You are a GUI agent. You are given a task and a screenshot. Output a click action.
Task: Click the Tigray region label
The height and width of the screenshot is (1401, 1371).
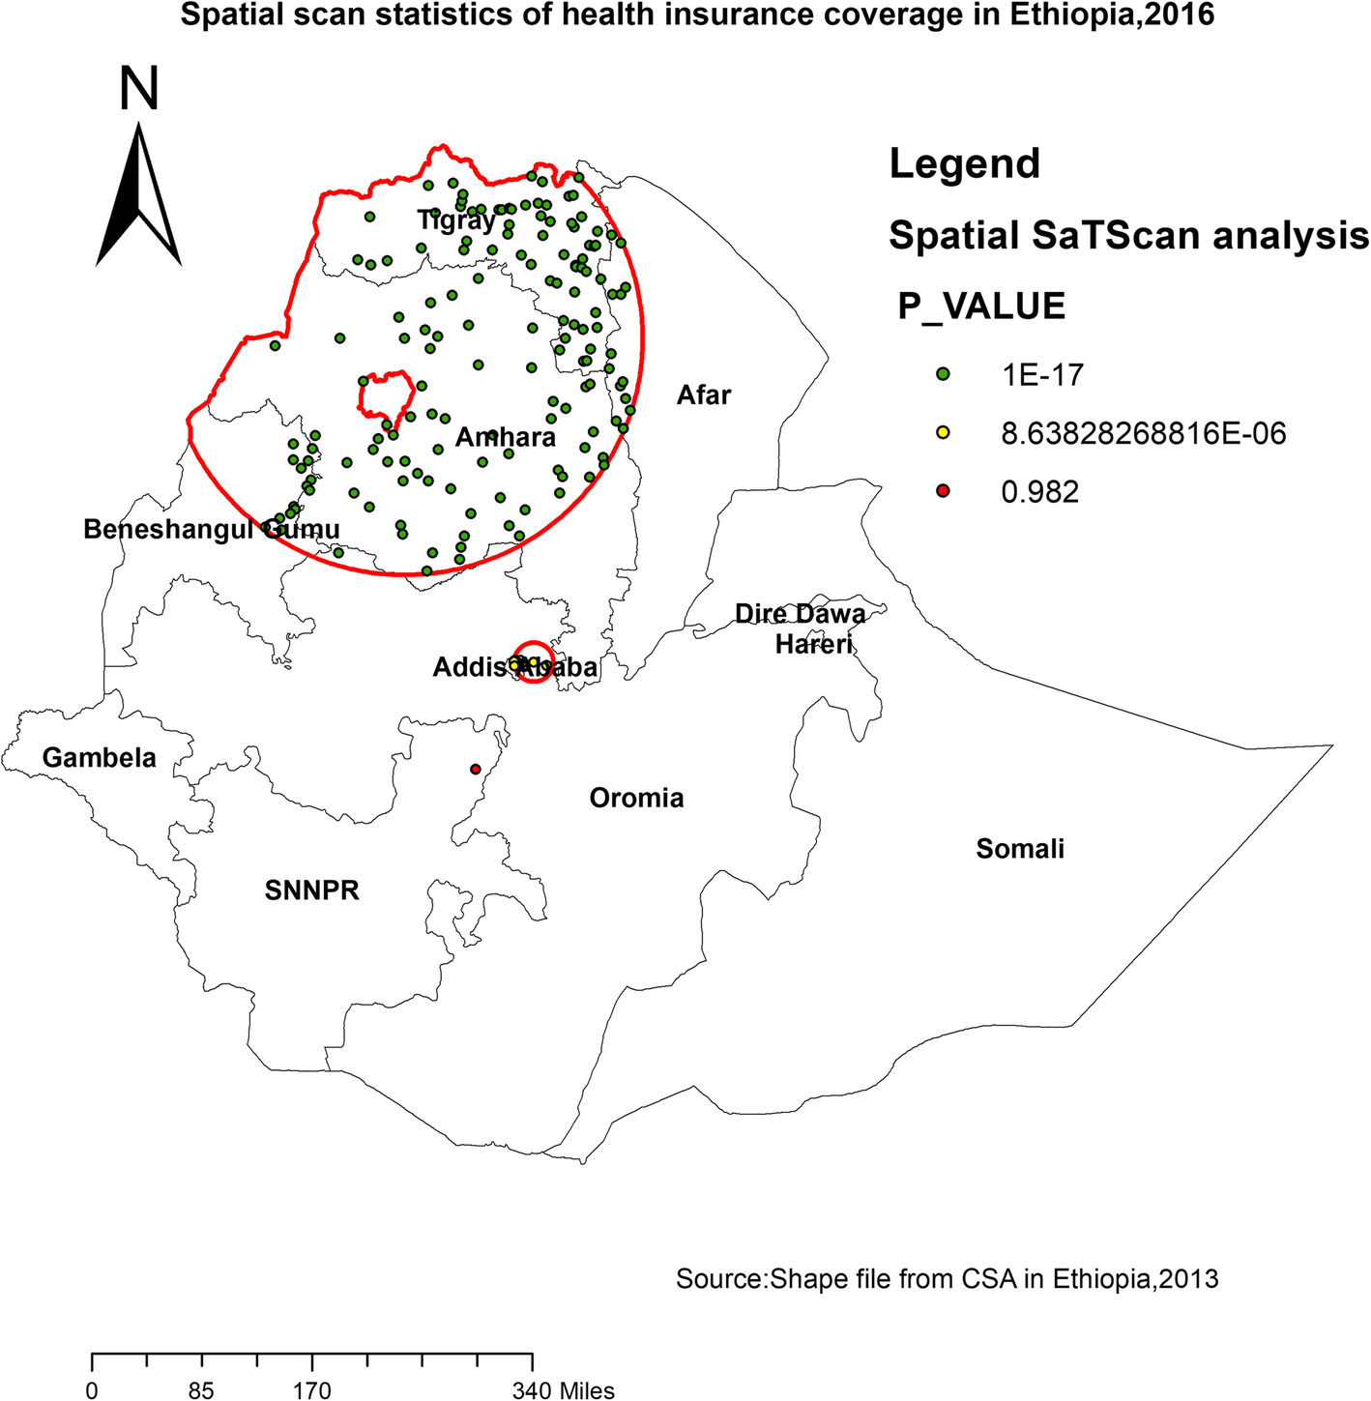point(455,220)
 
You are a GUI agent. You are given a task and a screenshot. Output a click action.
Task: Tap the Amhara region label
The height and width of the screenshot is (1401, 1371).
point(506,438)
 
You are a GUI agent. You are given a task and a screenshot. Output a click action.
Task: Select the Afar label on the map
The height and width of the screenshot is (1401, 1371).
point(703,394)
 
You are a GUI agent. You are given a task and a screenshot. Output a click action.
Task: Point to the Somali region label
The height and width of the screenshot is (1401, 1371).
point(1019,849)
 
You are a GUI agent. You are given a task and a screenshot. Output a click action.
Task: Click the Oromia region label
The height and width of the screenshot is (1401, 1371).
point(636,798)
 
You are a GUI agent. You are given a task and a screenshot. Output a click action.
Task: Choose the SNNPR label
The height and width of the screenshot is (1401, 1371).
point(311,890)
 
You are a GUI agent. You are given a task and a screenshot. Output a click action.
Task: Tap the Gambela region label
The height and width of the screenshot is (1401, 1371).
point(99,757)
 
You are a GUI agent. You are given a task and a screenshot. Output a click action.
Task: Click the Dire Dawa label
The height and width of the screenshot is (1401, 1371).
point(800,614)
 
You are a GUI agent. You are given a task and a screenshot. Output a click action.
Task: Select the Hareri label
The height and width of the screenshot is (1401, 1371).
point(813,643)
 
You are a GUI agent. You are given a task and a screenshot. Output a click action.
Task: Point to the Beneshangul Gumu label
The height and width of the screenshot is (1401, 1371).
point(211,530)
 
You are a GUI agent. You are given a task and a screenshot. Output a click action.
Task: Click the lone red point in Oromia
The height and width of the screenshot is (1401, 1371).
point(475,770)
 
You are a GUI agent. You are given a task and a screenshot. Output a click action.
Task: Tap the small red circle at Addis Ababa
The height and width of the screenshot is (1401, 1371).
point(534,662)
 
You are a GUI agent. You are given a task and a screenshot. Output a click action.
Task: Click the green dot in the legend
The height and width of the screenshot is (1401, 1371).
point(943,374)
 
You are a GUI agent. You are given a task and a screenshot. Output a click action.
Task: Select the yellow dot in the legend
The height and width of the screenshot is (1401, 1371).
point(943,433)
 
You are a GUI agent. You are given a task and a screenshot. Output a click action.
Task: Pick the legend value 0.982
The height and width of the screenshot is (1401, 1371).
point(1039,492)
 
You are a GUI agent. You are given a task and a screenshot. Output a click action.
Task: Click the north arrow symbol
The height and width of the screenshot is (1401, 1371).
point(139,193)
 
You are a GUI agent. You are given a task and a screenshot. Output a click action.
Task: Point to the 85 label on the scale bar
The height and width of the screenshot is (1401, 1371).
point(201,1391)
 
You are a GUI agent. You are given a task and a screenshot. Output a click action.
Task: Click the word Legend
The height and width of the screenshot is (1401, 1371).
point(964,163)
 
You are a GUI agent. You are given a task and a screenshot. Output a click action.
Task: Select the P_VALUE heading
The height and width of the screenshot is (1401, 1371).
point(980,306)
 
